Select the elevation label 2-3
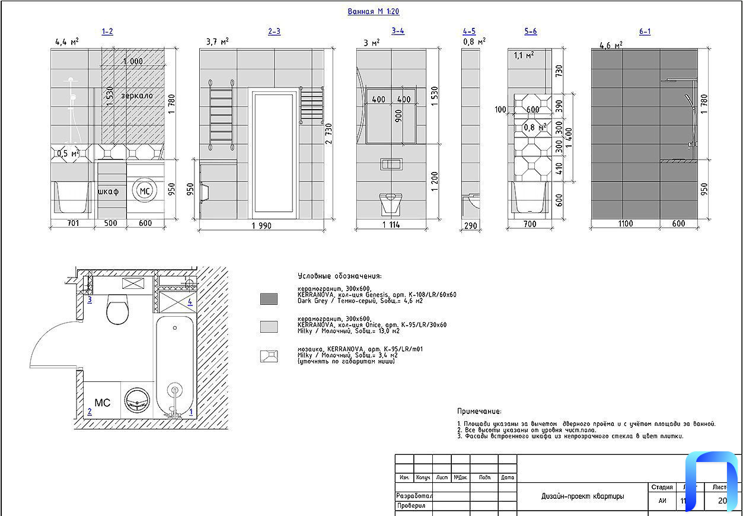click(274, 31)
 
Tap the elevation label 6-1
click(645, 31)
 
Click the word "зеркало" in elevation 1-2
click(137, 95)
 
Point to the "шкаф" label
click(109, 191)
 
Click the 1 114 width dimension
click(391, 224)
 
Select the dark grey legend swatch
click(269, 299)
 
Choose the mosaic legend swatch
click(269, 356)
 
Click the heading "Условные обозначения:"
click(340, 276)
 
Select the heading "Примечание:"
click(479, 411)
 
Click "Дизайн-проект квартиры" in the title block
click(582, 496)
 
